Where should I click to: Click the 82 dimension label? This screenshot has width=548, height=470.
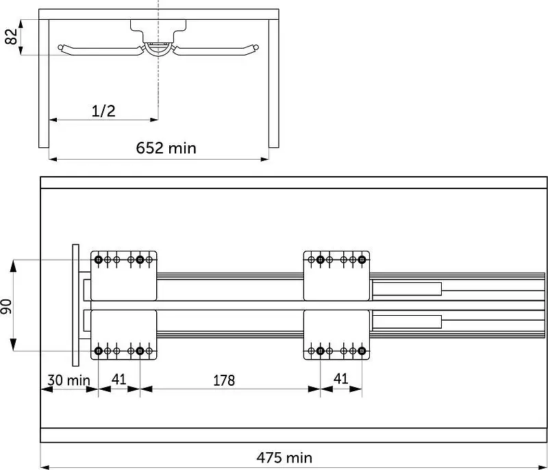point(11,37)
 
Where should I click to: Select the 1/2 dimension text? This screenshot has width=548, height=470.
point(103,111)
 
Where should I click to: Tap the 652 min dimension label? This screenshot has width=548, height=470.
point(166,148)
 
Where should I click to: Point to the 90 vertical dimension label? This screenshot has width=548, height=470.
point(6,306)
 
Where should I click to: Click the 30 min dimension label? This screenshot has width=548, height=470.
point(69,380)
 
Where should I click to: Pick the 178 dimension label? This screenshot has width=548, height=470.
point(224,380)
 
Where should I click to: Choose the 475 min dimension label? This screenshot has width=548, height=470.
point(284,458)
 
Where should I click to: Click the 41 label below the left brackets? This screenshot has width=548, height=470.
point(119,379)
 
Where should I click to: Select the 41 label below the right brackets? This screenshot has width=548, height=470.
point(340,378)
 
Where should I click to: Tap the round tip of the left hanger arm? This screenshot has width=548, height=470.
point(61,47)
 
